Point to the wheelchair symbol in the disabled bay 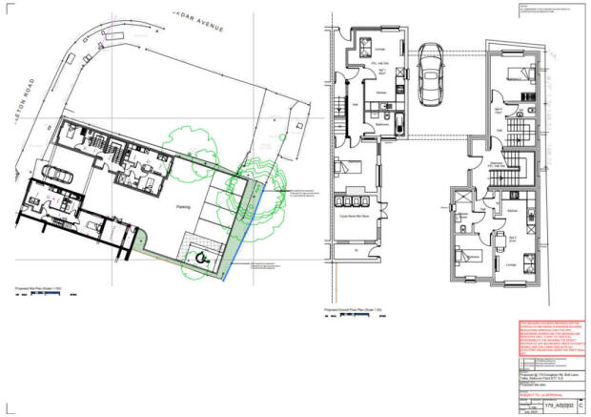pos(199,255)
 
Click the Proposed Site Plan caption pos(43,285)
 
